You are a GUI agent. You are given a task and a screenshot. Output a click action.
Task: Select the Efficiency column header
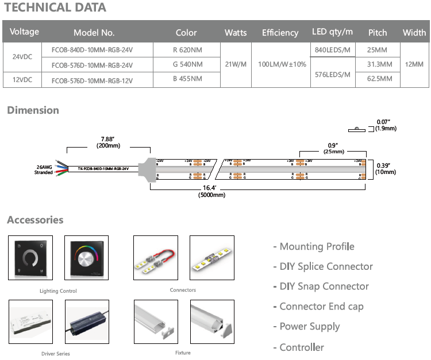pos(280,33)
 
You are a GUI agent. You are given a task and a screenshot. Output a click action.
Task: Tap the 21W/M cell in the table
pos(236,64)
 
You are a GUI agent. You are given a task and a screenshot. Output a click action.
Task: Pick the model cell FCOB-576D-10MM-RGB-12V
pos(92,80)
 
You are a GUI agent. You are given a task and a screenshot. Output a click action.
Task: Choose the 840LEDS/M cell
pos(332,50)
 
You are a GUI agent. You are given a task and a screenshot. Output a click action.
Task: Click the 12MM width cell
pos(414,64)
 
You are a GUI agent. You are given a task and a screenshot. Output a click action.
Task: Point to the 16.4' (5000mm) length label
pos(211,191)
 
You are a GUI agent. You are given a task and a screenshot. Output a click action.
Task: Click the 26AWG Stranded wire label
pos(44,169)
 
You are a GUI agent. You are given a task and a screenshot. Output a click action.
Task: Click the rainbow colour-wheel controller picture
pos(87,259)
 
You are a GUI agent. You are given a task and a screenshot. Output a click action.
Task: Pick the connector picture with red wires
pos(155,259)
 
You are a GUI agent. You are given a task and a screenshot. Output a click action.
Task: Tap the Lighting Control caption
pos(59,291)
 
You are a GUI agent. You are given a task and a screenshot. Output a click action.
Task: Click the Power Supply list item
pos(310,327)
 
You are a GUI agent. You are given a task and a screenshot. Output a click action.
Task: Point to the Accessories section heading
pos(35,220)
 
